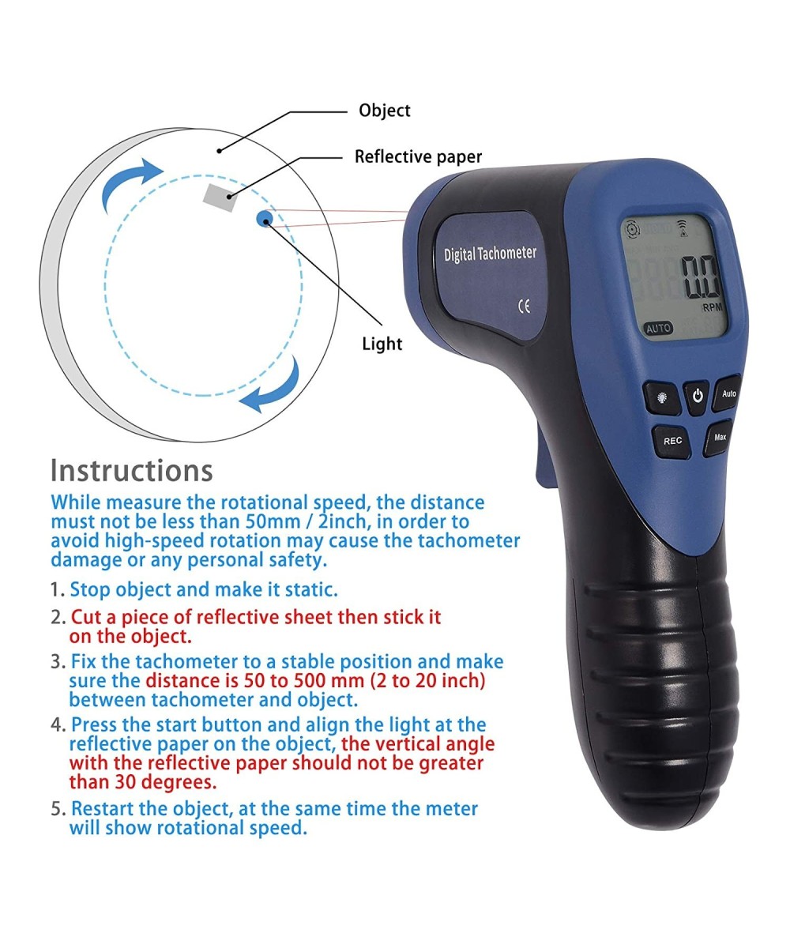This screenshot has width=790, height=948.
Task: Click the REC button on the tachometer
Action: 672,442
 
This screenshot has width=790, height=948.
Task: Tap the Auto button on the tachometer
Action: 728,393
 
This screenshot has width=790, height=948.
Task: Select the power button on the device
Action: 697,397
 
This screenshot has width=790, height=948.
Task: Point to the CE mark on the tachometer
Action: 524,307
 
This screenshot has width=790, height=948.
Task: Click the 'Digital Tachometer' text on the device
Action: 490,254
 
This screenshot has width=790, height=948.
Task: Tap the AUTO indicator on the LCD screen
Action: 658,328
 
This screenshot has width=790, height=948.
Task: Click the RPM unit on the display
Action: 712,307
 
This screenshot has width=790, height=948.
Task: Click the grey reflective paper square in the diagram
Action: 220,197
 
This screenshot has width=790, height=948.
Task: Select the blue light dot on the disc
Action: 264,218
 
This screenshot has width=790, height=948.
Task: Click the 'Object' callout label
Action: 384,111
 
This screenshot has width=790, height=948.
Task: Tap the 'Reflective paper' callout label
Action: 418,156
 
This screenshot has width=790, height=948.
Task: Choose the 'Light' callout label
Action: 382,344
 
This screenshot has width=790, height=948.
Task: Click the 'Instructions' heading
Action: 131,470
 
